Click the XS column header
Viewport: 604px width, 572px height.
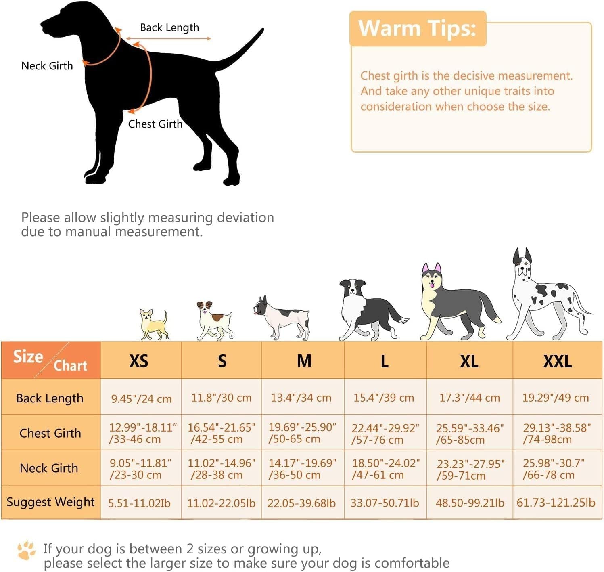point(138,361)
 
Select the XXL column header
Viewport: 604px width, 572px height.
point(557,361)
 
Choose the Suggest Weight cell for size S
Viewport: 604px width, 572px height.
point(221,503)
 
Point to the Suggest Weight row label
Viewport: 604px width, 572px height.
point(51,502)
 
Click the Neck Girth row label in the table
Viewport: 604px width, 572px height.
point(49,468)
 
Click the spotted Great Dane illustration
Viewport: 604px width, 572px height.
point(549,294)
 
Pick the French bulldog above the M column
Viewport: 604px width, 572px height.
point(282,318)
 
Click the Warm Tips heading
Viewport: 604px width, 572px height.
point(417,28)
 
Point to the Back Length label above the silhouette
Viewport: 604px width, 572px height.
point(169,28)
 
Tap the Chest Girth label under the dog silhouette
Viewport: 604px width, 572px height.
point(155,124)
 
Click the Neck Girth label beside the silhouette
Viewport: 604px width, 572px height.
point(47,66)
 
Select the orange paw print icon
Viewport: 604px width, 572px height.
point(26,550)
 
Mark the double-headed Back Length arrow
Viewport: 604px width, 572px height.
point(168,38)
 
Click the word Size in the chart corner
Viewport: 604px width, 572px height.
point(28,356)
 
